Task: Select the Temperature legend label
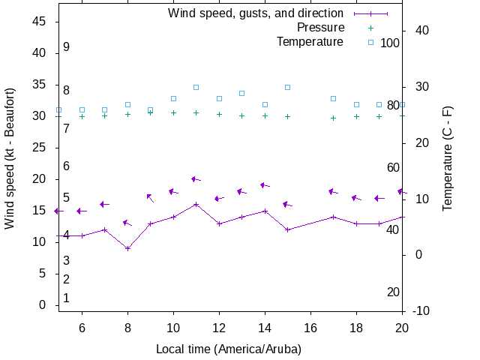pyautogui.click(x=310, y=41)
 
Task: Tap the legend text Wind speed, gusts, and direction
pyautogui.click(x=256, y=13)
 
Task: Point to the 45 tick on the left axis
pyautogui.click(x=40, y=22)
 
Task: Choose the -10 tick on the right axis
pyautogui.click(x=420, y=310)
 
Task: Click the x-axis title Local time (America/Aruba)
pyautogui.click(x=228, y=349)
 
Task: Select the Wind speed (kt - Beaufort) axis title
pyautogui.click(x=10, y=157)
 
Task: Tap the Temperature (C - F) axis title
pyautogui.click(x=448, y=157)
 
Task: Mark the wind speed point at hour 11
pyautogui.click(x=196, y=204)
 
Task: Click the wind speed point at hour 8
pyautogui.click(x=128, y=248)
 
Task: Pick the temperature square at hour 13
pyautogui.click(x=241, y=93)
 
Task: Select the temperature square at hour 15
pyautogui.click(x=287, y=87)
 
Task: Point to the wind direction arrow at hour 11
pyautogui.click(x=196, y=179)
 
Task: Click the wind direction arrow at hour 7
pyautogui.click(x=105, y=204)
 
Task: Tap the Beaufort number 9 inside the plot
pyautogui.click(x=66, y=46)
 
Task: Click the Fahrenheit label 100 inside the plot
pyautogui.click(x=390, y=43)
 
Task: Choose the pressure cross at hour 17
pyautogui.click(x=333, y=118)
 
